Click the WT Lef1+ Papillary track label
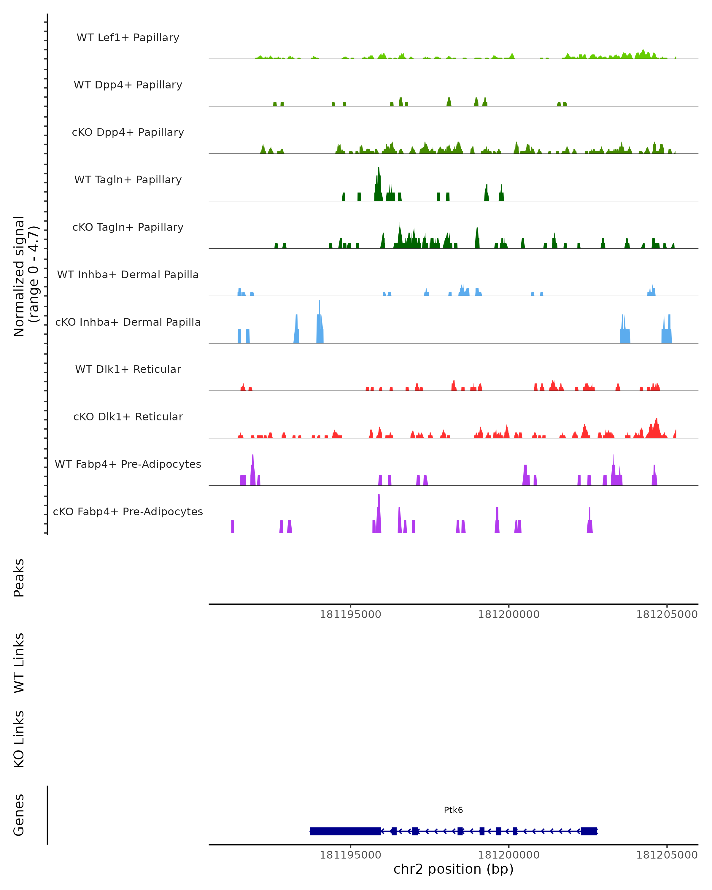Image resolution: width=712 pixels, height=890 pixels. point(128,38)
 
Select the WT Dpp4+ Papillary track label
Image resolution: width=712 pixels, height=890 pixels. point(128,85)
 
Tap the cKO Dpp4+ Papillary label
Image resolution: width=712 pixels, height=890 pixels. point(128,133)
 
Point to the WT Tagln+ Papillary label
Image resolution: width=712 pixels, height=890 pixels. point(128,180)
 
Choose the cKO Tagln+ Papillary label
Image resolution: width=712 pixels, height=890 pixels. point(128,228)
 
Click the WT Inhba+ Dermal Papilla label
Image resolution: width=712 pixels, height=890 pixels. point(128,275)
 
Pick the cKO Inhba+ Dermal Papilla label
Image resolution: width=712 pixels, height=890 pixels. point(128,322)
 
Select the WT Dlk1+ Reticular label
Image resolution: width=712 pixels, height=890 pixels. point(128,369)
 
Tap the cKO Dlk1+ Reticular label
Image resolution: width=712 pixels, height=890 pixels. point(128,417)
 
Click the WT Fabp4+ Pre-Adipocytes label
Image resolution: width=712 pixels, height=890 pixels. point(128,464)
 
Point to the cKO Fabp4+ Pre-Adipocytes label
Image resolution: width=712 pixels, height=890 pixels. point(128,512)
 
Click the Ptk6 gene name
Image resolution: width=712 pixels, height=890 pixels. point(453,810)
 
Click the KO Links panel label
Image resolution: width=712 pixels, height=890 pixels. point(19,739)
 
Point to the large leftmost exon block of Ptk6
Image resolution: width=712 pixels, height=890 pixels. point(345,831)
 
